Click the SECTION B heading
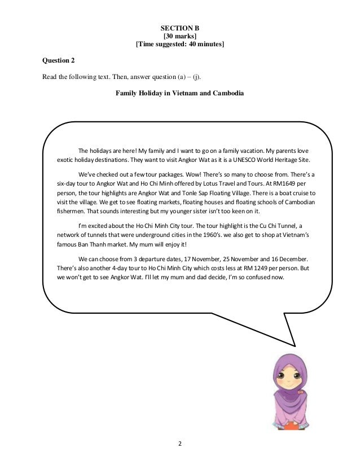180,27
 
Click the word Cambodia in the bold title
226,93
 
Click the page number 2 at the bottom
180,443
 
